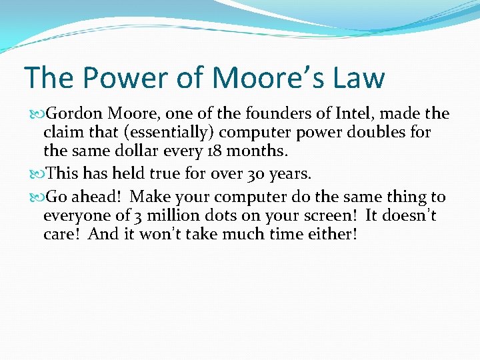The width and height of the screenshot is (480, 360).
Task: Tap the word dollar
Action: click(133, 151)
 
